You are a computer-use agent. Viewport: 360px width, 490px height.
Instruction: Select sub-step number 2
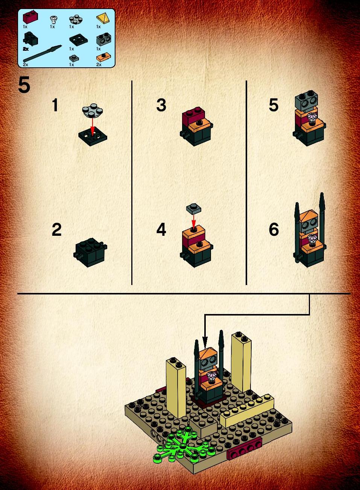[57, 229]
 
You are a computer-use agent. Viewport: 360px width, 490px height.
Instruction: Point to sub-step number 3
[161, 105]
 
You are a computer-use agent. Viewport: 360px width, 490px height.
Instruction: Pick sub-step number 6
[274, 229]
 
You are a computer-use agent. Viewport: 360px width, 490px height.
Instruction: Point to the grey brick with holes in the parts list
[103, 39]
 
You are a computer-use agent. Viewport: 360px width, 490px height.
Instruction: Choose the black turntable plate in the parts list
[79, 40]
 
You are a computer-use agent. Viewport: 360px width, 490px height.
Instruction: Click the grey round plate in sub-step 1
[93, 111]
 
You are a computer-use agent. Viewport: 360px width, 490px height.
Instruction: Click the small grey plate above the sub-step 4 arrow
[193, 208]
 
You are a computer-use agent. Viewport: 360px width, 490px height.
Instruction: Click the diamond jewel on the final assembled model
[211, 377]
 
